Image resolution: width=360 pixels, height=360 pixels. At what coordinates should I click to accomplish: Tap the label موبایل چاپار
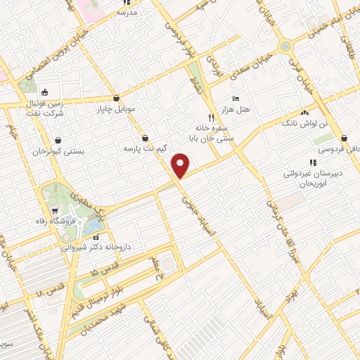[115, 110]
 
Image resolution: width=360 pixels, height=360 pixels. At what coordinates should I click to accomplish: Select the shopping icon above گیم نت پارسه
[145, 139]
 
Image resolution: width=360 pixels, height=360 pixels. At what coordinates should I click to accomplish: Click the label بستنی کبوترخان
[59, 151]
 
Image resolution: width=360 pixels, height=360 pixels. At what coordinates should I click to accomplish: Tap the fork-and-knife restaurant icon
[210, 117]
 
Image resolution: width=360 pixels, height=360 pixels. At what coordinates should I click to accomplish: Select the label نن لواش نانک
[304, 123]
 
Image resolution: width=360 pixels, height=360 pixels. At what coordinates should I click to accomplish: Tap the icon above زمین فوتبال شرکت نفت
[44, 91]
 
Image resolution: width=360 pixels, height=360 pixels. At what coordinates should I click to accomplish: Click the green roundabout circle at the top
[286, 46]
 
